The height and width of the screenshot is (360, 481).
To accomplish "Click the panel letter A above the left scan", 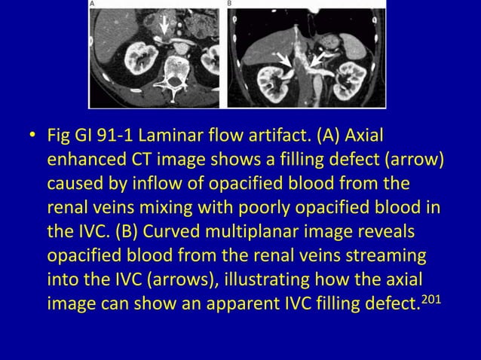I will (x=93, y=4).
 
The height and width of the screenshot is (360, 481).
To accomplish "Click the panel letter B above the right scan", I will (x=230, y=4).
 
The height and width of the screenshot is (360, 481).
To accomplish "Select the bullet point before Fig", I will (x=32, y=138).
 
